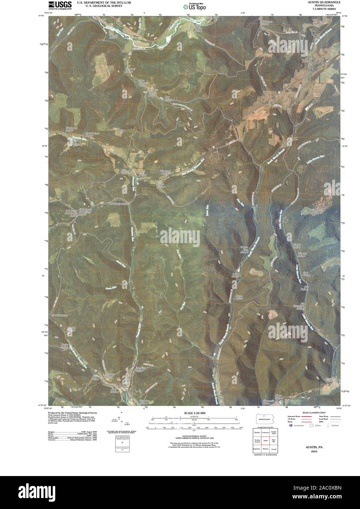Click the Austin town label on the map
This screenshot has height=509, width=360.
pos(124,385)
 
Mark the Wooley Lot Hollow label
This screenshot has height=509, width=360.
pos(72,129)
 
